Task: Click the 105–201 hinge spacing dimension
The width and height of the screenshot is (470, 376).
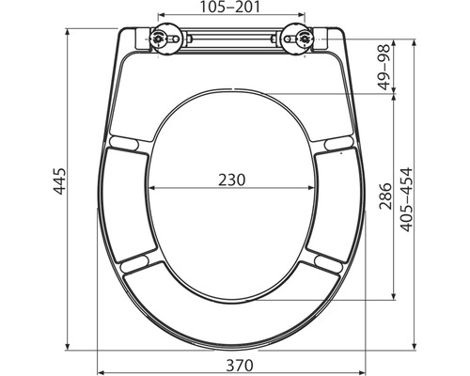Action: (x=231, y=8)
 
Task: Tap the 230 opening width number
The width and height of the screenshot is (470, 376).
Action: (x=231, y=180)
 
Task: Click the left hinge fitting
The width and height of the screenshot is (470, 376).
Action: (x=158, y=39)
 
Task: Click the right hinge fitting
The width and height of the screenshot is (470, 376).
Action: (x=305, y=39)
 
